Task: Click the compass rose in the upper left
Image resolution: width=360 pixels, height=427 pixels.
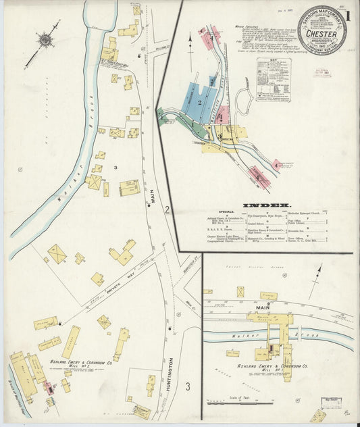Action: point(45,41)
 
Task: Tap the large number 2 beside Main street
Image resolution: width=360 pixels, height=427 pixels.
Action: point(166,210)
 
